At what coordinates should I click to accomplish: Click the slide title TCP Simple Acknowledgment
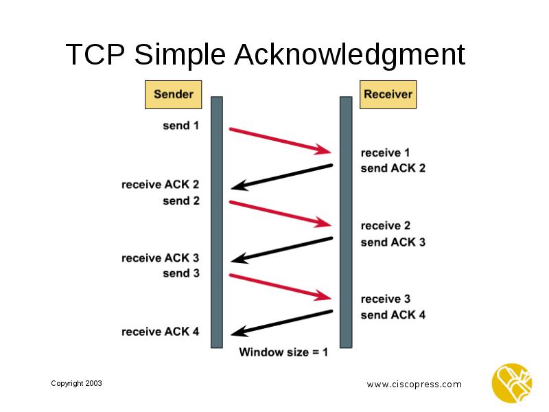[x=265, y=55]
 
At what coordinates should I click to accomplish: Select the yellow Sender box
[x=173, y=95]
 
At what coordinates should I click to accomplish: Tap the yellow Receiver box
[x=388, y=95]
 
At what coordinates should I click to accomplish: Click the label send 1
[x=180, y=126]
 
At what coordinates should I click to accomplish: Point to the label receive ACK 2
[x=160, y=185]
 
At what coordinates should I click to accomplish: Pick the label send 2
[x=180, y=201]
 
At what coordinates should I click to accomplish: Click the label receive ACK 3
[x=160, y=258]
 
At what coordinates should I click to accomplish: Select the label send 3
[x=180, y=273]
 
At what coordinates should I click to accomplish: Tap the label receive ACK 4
[x=160, y=332]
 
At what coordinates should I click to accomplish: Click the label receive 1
[x=385, y=152]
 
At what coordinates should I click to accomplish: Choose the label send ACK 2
[x=393, y=168]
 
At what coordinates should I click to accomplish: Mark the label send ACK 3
[x=393, y=242]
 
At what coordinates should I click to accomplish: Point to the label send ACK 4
[x=393, y=315]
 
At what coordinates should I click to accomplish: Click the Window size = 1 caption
[x=283, y=353]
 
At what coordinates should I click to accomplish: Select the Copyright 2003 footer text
[x=76, y=383]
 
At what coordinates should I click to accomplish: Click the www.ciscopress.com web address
[x=414, y=385]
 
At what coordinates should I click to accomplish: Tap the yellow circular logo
[x=511, y=383]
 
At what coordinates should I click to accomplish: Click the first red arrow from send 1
[x=280, y=140]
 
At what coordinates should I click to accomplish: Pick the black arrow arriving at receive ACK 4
[x=281, y=323]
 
